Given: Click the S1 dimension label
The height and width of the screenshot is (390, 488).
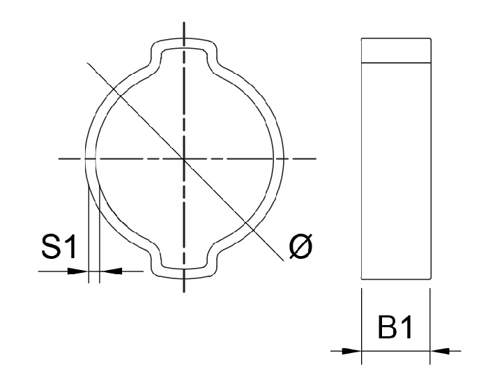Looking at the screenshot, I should [60, 248].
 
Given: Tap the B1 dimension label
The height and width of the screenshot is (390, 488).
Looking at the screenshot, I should [396, 328].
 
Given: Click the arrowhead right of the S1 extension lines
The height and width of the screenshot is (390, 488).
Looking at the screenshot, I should [109, 271].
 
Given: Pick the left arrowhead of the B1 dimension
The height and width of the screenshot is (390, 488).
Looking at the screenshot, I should [352, 350].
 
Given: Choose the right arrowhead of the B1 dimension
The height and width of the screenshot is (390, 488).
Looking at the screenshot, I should [440, 350].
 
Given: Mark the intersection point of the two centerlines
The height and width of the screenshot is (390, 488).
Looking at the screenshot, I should [184, 159].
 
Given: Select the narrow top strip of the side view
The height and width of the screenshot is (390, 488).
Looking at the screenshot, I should [396, 50].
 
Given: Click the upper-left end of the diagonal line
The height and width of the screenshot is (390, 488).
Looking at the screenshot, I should [86, 63].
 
